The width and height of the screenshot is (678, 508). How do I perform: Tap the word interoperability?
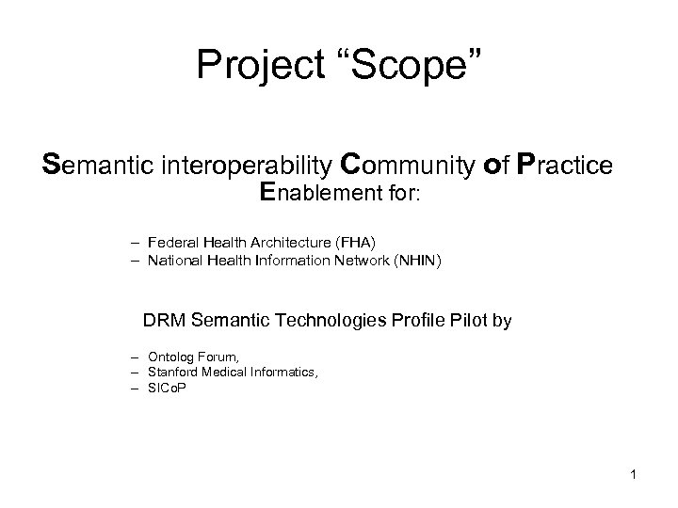pyautogui.click(x=250, y=165)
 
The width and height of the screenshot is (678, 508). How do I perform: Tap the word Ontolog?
pyautogui.click(x=171, y=358)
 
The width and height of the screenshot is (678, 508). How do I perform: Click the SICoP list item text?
pyautogui.click(x=168, y=387)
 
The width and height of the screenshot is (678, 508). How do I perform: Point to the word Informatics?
pyautogui.click(x=283, y=373)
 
